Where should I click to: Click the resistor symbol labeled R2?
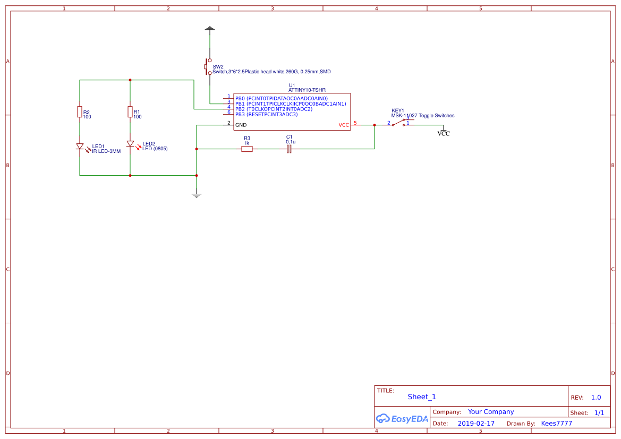pos(80,111)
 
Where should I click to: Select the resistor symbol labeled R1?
pos(130,111)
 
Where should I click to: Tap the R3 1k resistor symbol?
pos(247,149)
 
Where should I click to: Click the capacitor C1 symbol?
pos(289,149)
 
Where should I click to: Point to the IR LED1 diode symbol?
pos(80,147)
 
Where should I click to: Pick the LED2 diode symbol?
pos(130,144)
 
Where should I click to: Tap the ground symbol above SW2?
pos(210,28)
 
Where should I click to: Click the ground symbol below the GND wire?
pos(197,195)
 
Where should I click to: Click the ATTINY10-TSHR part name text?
pos(307,90)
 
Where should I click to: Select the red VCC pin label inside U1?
pos(344,125)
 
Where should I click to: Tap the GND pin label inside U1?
pos(241,125)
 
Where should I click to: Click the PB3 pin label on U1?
pos(240,114)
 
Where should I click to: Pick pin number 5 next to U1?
pos(355,123)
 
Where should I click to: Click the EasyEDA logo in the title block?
pos(402,418)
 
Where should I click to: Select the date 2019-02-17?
pos(476,424)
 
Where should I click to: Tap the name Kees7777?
pos(557,424)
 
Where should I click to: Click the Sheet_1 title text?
pos(422,397)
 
